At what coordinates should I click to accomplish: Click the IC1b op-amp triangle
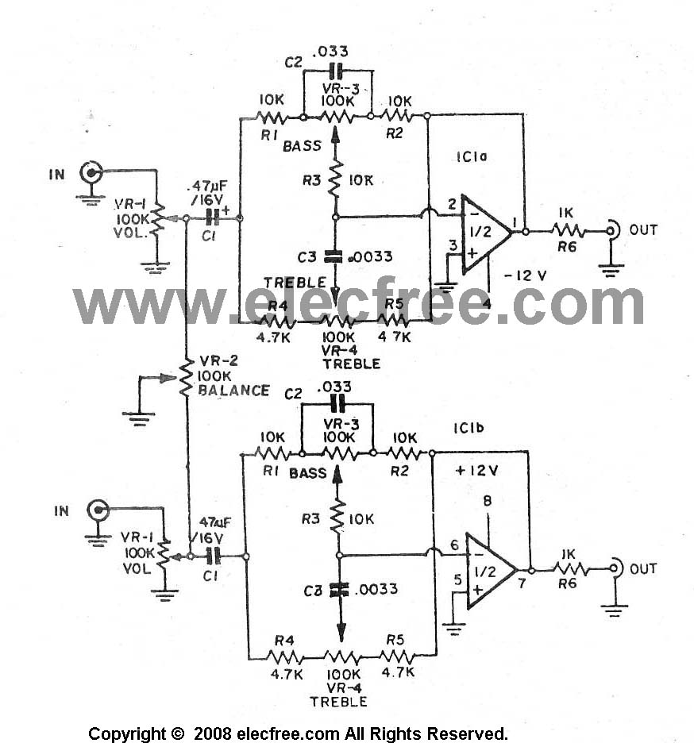tap(491, 571)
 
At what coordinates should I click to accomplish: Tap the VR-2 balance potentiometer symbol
tap(187, 377)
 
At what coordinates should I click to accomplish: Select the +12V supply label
tap(476, 471)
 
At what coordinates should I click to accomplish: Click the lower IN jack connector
tap(98, 510)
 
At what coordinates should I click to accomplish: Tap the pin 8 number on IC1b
tap(488, 500)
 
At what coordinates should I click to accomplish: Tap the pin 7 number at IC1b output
tap(522, 583)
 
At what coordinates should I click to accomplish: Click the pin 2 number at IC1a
tap(453, 204)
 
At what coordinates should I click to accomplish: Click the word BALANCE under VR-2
tap(233, 391)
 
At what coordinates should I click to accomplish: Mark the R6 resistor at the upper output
tap(568, 231)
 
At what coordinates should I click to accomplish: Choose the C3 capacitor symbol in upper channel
tap(334, 256)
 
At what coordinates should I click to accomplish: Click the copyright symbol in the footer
tap(178, 733)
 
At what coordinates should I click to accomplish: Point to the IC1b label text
tap(468, 429)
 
